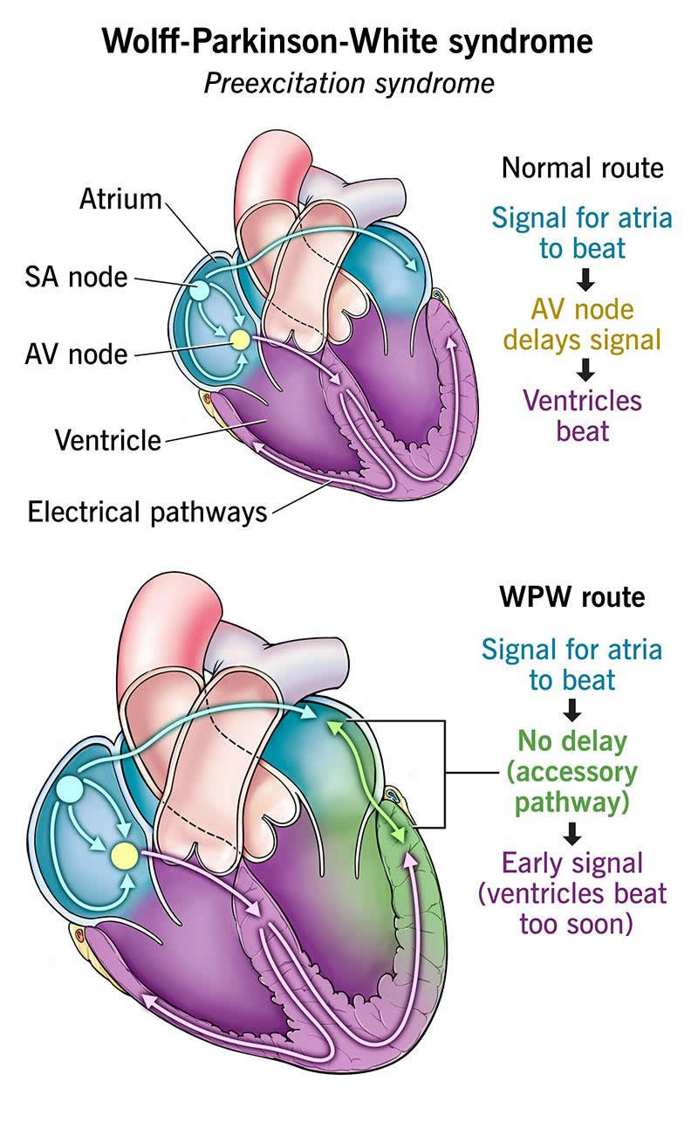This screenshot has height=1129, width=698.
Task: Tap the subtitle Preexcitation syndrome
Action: (349, 83)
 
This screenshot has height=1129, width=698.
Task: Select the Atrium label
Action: (120, 199)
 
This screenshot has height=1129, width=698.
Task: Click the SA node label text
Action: (77, 278)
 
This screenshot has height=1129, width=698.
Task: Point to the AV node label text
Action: (77, 355)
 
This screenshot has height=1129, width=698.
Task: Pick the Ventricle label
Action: (107, 439)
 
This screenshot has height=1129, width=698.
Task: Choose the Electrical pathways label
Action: (147, 511)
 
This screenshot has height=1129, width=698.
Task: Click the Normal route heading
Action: (582, 167)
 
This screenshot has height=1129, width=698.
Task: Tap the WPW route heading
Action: (572, 597)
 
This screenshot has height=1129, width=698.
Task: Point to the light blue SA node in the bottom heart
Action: (70, 790)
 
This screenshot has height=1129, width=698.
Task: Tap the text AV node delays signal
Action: (582, 323)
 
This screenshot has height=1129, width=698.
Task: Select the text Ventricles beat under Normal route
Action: (582, 416)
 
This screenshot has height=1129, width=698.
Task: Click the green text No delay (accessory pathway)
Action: (571, 772)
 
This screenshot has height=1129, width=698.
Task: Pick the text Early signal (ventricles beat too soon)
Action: (571, 892)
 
